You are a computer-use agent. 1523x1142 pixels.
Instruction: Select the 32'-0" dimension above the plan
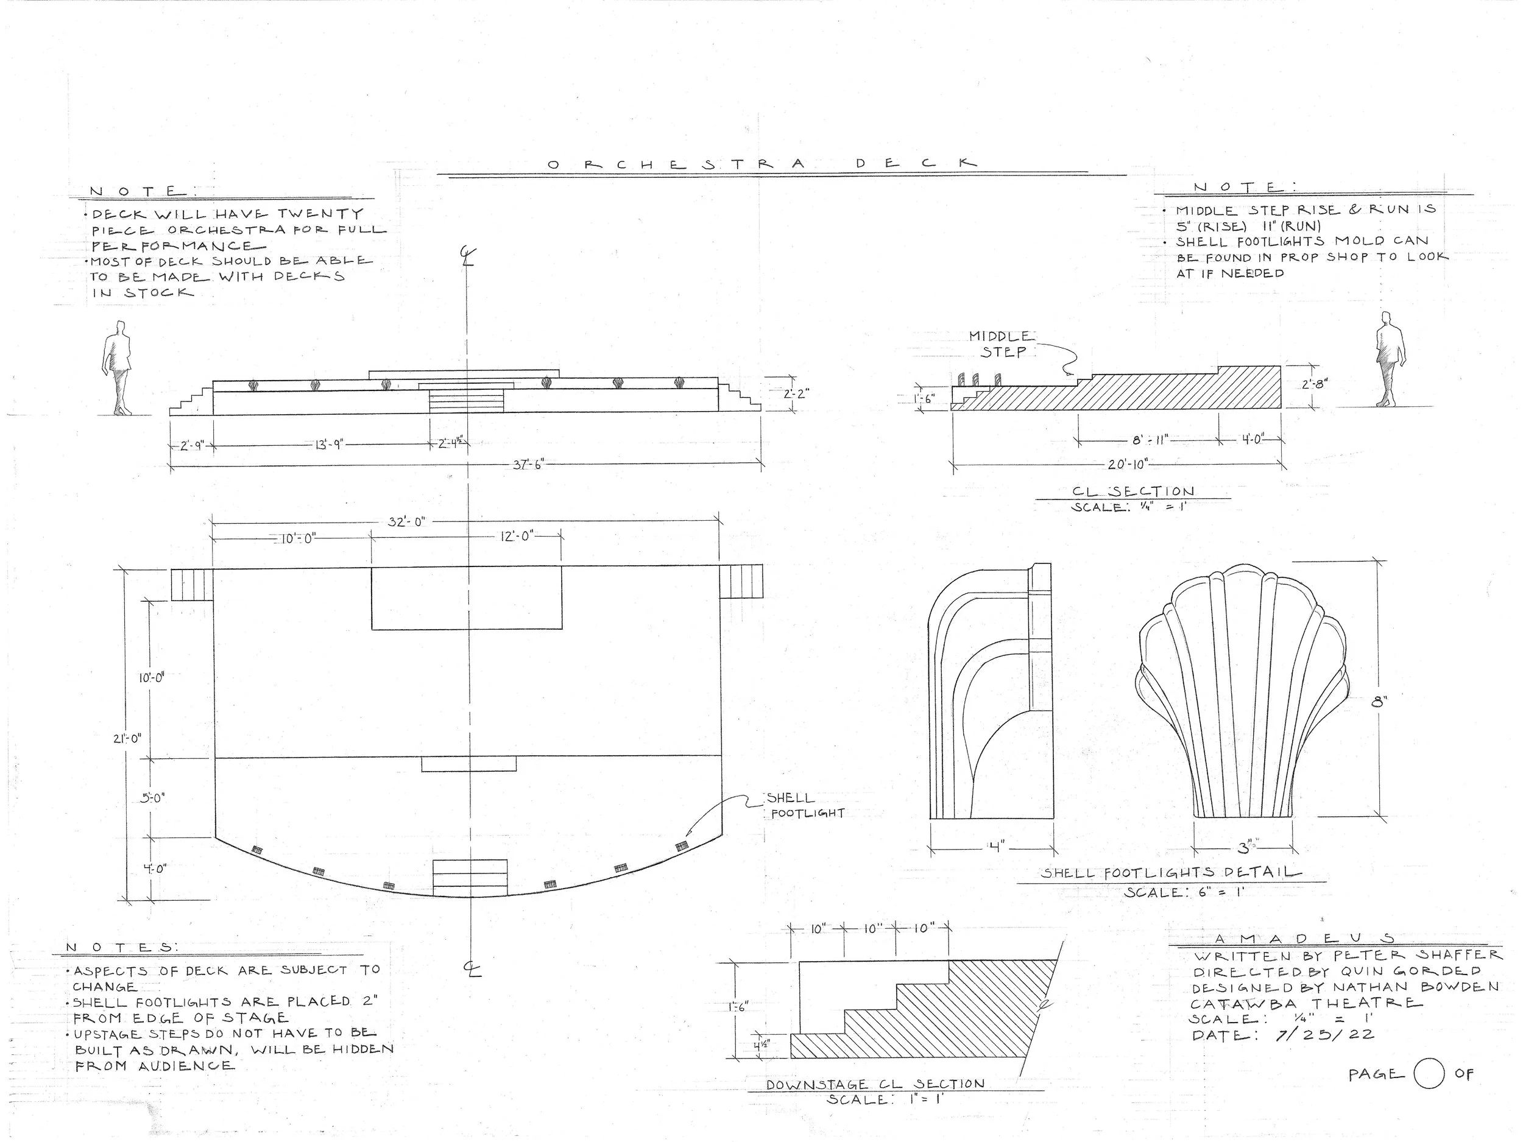407,522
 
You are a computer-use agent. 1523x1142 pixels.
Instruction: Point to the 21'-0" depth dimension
127,739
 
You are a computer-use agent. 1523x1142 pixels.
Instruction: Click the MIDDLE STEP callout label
1000,344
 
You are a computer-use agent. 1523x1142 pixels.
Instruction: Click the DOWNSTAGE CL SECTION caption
876,1084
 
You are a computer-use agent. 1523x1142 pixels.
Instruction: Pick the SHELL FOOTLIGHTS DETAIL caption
1170,873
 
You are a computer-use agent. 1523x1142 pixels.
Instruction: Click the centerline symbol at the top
467,256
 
